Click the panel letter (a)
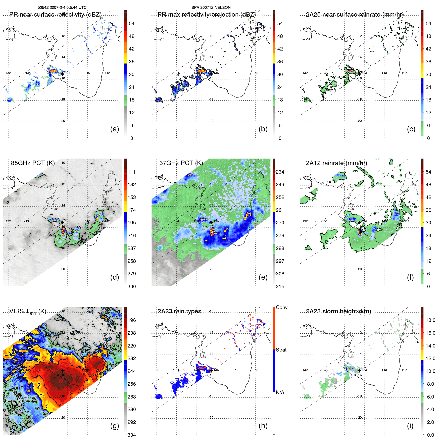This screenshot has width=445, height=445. [114, 129]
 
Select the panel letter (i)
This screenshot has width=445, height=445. [410, 426]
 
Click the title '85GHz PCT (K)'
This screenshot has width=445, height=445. [33, 163]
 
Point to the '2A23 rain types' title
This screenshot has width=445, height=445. [179, 311]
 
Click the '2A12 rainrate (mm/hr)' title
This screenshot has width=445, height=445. [336, 163]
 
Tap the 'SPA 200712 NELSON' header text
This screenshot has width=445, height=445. [211, 8]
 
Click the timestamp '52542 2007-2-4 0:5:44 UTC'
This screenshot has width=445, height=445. [62, 8]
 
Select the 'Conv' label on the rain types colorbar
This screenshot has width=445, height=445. [281, 307]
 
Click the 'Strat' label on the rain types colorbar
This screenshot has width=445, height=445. [281, 350]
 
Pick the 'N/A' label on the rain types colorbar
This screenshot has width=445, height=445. [280, 392]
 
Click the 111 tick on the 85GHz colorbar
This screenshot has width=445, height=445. [132, 172]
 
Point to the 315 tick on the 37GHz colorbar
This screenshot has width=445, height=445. [280, 286]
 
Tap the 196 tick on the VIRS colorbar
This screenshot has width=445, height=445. [132, 320]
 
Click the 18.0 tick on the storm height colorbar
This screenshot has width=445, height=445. [430, 320]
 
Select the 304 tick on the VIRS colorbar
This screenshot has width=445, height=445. [132, 435]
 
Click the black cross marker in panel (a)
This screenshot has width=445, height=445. [63, 74]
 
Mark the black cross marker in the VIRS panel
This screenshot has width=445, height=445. [63, 371]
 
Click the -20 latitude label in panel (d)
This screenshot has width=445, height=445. [63, 269]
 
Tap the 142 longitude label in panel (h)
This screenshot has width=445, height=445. [256, 370]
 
